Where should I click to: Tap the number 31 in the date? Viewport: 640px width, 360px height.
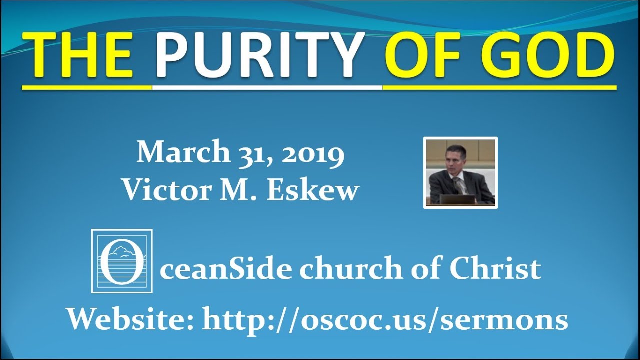pyautogui.click(x=243, y=153)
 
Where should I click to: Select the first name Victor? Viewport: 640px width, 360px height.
pyautogui.click(x=166, y=190)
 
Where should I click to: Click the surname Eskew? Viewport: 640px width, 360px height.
pyautogui.click(x=313, y=190)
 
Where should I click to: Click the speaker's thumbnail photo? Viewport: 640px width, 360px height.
pyautogui.click(x=460, y=172)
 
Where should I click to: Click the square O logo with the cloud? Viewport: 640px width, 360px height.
pyautogui.click(x=122, y=261)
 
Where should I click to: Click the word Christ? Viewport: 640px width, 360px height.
pyautogui.click(x=495, y=270)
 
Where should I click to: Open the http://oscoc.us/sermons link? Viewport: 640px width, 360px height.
pyautogui.click(x=385, y=320)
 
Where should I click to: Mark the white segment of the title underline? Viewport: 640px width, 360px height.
pyautogui.click(x=267, y=87)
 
